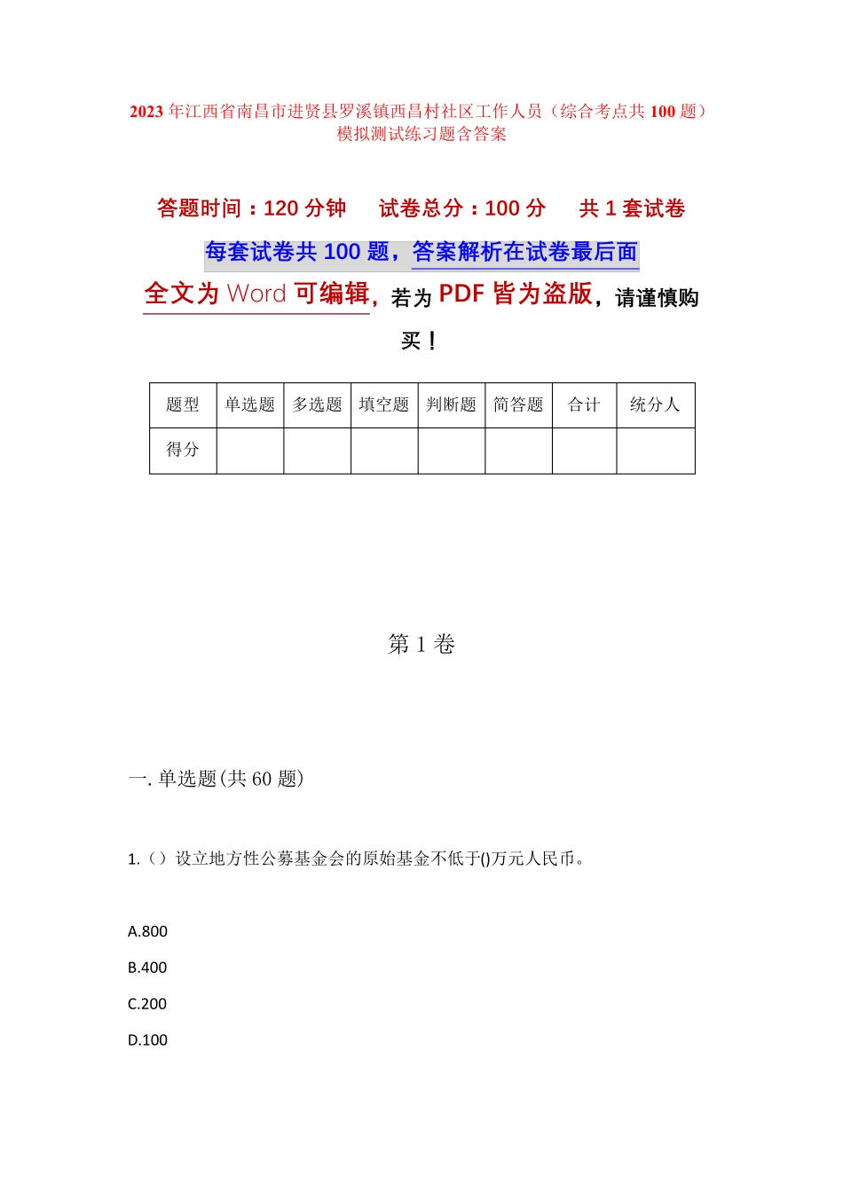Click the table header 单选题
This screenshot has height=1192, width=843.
coord(250,405)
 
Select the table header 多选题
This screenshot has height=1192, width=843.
coord(318,405)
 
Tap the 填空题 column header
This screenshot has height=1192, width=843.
coord(384,405)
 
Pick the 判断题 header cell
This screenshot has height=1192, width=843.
coord(452,405)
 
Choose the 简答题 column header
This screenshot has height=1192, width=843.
coord(518,405)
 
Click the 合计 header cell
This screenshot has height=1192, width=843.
coord(585,405)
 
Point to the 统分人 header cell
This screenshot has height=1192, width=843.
coord(655,405)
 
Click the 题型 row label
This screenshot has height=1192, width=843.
coord(183,405)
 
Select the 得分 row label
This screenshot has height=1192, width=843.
coord(183,450)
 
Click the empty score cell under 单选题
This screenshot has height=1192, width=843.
coord(250,451)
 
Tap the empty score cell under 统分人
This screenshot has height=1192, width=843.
coord(655,451)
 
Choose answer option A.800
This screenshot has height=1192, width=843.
coord(147,931)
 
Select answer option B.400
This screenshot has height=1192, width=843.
coord(147,968)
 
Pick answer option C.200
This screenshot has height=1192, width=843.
coord(147,1004)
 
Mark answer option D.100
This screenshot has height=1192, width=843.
coord(147,1040)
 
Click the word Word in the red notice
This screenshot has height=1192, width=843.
coord(256,294)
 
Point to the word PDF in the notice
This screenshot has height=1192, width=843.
coord(461,294)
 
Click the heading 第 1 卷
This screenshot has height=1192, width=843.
coord(421,645)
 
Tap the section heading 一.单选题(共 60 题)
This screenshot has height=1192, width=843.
coord(216,779)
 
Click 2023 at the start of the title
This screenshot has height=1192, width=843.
coord(146,112)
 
